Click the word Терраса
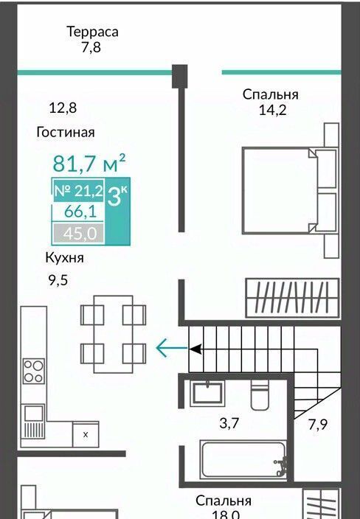92,32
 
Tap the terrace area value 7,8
91,48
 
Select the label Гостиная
66,132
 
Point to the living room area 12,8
63,108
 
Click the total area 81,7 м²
89,162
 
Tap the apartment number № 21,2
79,191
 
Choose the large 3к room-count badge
117,198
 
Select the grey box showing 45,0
78,234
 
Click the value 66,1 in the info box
80,212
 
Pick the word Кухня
65,257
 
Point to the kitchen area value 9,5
58,280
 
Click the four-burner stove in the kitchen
33,372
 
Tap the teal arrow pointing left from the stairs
172,348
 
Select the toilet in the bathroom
260,395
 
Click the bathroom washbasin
207,393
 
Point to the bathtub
243,459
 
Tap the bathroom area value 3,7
229,423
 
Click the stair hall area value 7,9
318,425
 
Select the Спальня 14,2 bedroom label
270,102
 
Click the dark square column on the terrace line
179,76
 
